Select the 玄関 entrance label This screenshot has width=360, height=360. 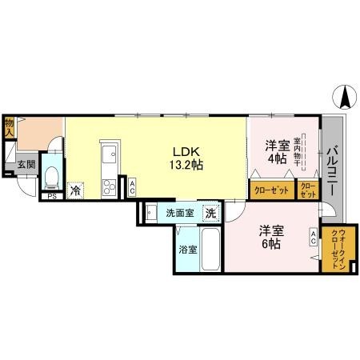coord(25,165)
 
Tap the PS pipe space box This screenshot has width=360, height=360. coord(51,194)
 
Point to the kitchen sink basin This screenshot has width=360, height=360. coord(107,154)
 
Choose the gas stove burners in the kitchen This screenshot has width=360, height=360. coord(107,187)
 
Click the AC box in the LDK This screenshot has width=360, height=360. coord(131,188)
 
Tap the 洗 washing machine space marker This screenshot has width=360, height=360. coord(210,214)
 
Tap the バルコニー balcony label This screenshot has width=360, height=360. coord(333,168)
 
